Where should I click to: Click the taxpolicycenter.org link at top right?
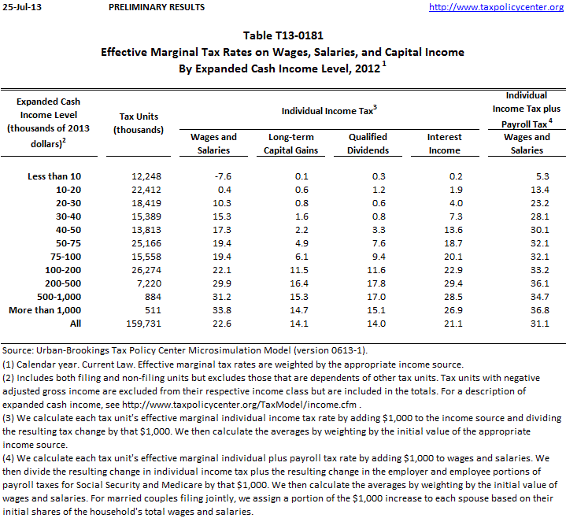coord(507,8)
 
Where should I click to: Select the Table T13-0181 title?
coord(283,35)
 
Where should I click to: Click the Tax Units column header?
coord(139,123)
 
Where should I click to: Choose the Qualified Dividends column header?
coord(368,143)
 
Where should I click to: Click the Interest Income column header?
coord(444,143)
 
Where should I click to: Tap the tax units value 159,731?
coord(144,323)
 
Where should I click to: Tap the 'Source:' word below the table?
coord(17,350)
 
